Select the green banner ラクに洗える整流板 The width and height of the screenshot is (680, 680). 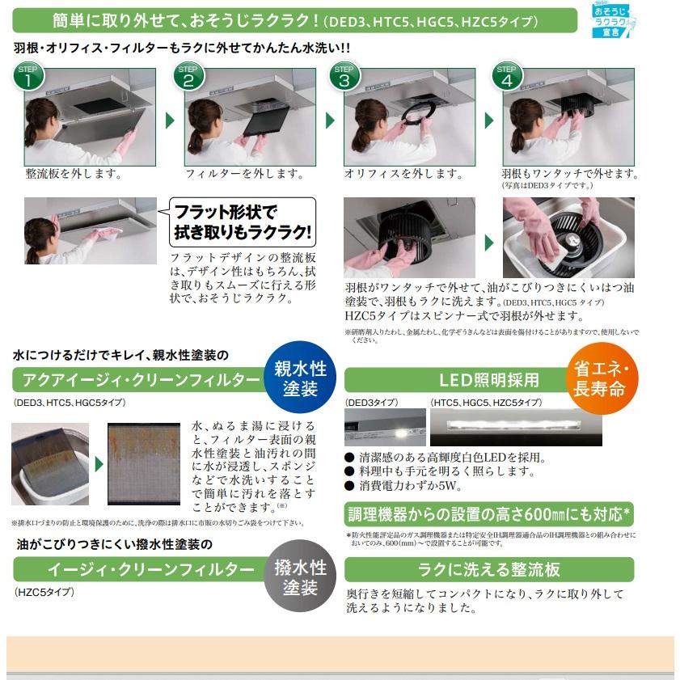point(489,569)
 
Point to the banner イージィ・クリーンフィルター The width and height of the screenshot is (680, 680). point(137,569)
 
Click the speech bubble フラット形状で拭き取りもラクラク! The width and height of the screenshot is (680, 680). point(243,223)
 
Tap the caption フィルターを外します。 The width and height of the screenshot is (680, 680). point(234,174)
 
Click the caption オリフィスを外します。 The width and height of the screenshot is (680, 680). point(393,174)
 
